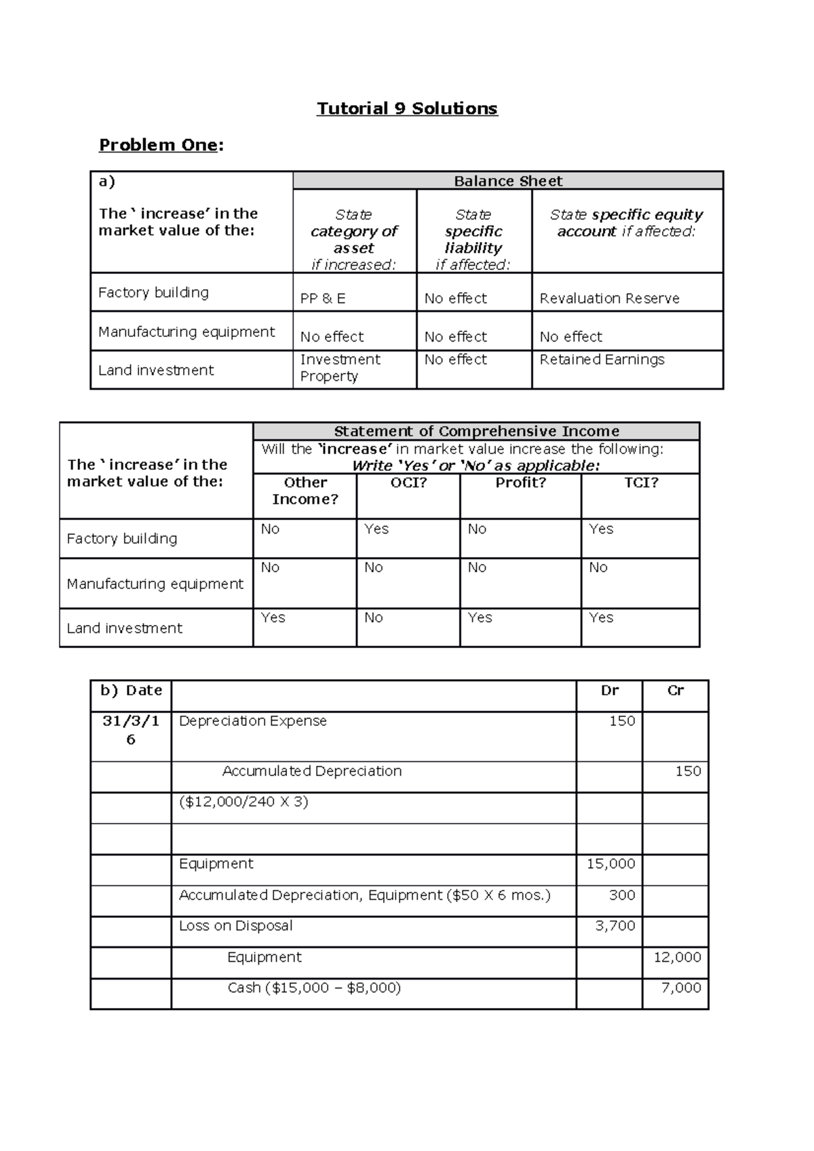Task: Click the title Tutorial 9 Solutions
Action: point(407,108)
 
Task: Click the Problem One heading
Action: point(161,145)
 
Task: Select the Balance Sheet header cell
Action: point(507,181)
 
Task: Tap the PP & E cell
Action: point(323,298)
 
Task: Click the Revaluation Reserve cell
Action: point(609,298)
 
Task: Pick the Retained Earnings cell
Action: point(602,360)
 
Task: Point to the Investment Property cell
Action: point(340,367)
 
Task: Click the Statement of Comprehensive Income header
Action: point(476,431)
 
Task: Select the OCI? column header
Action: point(408,483)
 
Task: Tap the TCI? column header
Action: point(640,483)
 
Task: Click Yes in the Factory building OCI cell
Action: point(376,529)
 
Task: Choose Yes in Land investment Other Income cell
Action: point(273,618)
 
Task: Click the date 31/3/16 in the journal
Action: point(131,730)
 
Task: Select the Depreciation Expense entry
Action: point(252,721)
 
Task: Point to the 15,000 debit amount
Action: point(610,864)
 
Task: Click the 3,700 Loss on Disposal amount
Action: point(615,926)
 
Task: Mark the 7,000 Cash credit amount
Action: point(681,988)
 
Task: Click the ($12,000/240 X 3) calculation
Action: point(244,802)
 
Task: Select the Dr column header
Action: point(609,691)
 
